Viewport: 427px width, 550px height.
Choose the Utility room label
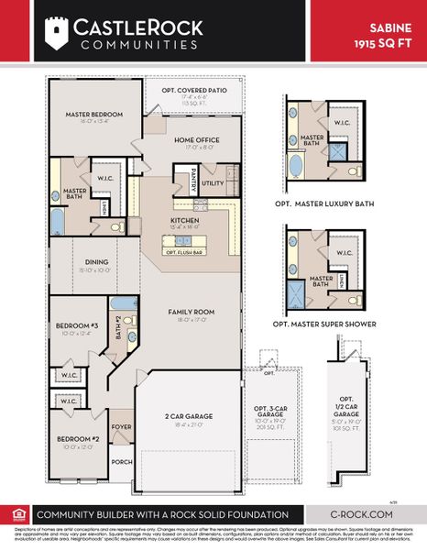tap(213, 183)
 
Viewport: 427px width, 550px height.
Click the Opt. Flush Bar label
tap(184, 251)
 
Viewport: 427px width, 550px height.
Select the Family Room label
tap(191, 313)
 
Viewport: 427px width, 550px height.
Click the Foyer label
tap(121, 426)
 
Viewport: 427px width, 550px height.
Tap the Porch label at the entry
tap(121, 462)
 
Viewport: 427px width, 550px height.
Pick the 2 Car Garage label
tap(190, 416)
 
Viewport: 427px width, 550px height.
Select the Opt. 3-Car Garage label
tap(269, 419)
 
